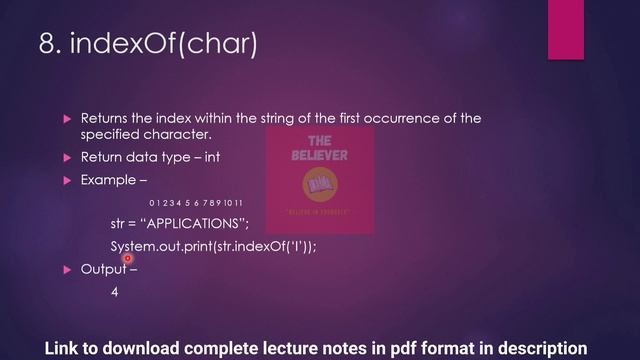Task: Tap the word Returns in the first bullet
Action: point(103,117)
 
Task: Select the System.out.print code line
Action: point(213,246)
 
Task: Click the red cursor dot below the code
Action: point(128,259)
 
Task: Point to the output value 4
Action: point(115,293)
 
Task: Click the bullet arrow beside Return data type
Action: point(68,158)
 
